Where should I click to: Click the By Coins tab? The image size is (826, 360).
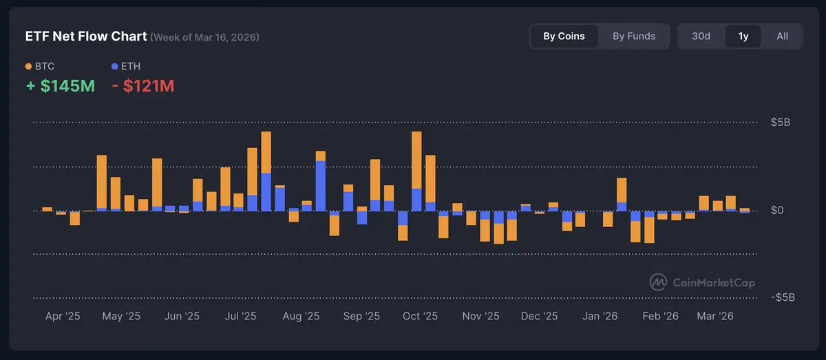coord(564,36)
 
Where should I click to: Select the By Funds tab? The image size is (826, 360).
coord(634,36)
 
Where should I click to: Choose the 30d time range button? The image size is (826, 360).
coord(701,36)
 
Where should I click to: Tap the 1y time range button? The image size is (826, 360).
coord(743,36)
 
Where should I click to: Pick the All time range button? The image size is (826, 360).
coord(782,36)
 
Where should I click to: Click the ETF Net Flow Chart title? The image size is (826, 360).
coord(85,36)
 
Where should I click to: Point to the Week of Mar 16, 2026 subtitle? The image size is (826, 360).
coord(205,37)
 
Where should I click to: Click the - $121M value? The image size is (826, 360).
coord(143,86)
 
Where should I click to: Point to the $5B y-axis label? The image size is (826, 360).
coord(781,123)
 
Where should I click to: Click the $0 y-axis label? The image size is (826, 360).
coord(777,210)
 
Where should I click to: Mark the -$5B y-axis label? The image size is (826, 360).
coord(783,297)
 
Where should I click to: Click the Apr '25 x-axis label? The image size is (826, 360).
coord(63,317)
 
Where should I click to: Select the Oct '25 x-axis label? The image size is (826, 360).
coord(420,317)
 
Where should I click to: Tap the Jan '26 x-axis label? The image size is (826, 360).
coord(600,317)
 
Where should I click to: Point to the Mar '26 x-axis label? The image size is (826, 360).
coord(715,317)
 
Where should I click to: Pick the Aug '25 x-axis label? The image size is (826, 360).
coord(301,317)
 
